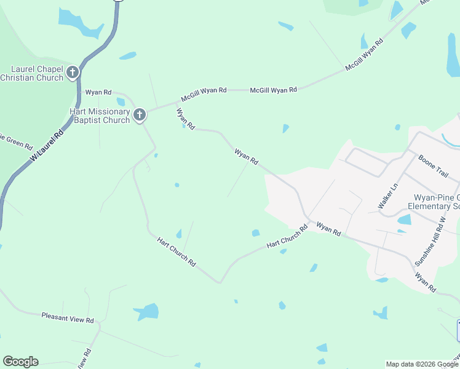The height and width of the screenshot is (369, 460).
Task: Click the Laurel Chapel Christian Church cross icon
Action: pyautogui.click(x=73, y=73)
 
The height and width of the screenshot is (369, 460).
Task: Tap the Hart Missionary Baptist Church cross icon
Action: pyautogui.click(x=140, y=114)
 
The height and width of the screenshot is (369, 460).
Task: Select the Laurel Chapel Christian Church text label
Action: pyautogui.click(x=33, y=73)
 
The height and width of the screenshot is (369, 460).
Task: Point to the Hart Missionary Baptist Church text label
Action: pyautogui.click(x=100, y=116)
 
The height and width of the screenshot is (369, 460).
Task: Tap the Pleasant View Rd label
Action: pyautogui.click(x=68, y=319)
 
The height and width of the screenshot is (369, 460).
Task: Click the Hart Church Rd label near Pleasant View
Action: pyautogui.click(x=176, y=252)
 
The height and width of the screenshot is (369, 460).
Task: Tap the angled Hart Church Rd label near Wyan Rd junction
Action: pyautogui.click(x=287, y=237)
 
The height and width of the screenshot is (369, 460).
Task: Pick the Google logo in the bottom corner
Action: pyautogui.click(x=20, y=362)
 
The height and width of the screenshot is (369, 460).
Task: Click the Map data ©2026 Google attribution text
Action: pyautogui.click(x=422, y=364)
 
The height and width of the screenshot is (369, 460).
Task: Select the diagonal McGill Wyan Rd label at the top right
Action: pyautogui.click(x=364, y=54)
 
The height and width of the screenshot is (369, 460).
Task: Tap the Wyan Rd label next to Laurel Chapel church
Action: pyautogui.click(x=98, y=92)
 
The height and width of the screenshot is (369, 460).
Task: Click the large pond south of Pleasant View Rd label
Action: pyautogui.click(x=148, y=312)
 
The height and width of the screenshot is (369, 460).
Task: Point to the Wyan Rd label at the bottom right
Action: pyautogui.click(x=425, y=282)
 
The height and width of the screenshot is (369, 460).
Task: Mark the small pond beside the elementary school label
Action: pyautogui.click(x=404, y=220)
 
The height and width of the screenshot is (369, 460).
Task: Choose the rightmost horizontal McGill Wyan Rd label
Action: pyautogui.click(x=273, y=90)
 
